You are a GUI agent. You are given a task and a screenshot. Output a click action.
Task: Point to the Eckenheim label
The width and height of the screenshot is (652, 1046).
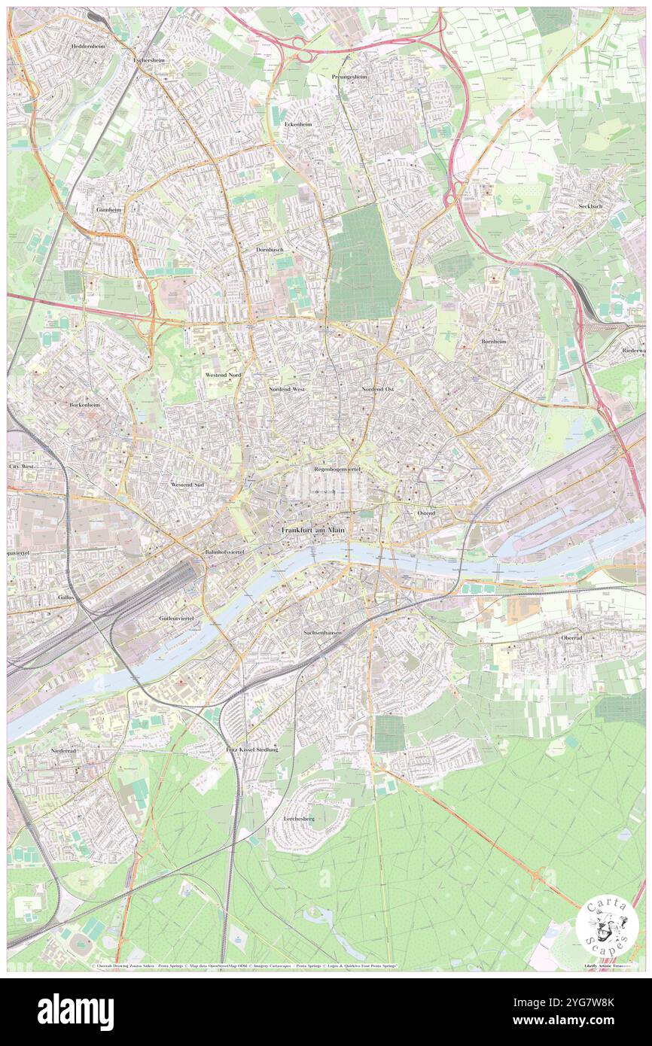294,123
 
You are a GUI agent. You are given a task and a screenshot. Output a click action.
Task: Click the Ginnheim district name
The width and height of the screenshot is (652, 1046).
108,208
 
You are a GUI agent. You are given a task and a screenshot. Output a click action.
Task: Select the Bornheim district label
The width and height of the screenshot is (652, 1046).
494,341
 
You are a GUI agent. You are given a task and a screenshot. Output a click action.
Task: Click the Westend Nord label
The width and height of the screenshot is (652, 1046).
224,374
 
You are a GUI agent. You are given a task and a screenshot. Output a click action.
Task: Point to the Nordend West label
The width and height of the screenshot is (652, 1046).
287,389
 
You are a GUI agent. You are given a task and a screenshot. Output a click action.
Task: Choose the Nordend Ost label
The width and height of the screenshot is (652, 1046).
378,389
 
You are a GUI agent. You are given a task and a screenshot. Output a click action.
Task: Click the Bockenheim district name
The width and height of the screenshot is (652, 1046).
84,404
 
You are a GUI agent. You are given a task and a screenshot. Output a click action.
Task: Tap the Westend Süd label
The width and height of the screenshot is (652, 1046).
187,485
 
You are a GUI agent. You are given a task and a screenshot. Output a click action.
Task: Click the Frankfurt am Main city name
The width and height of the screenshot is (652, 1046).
313,531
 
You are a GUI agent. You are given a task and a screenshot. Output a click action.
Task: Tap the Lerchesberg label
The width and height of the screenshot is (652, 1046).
298,817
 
